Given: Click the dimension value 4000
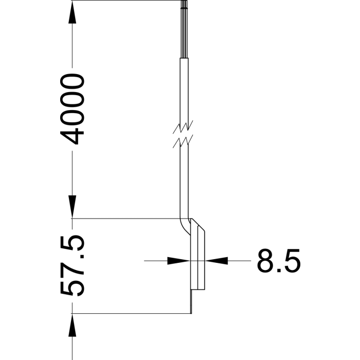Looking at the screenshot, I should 73,109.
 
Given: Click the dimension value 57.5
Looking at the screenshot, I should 73,266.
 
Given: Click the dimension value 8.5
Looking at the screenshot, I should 278,261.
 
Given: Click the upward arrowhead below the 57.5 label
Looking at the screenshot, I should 73,326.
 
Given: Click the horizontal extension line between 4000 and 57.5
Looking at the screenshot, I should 129,219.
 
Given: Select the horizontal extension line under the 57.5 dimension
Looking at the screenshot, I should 129,314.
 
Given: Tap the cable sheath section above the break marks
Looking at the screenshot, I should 185,87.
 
